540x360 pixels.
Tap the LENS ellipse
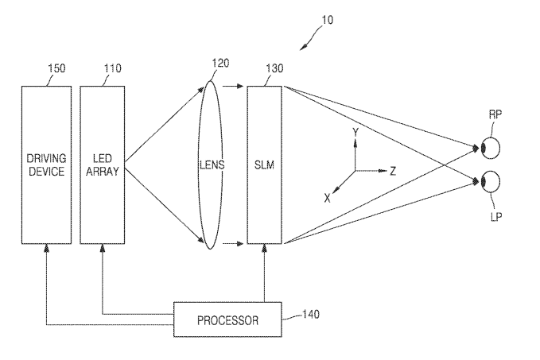coord(212,165)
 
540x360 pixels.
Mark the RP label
coord(495,115)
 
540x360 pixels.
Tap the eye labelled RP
coord(491,148)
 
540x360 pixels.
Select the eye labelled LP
coord(491,182)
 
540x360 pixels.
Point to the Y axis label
coord(355,132)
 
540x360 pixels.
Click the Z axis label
coord(392,170)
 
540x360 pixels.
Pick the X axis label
coord(327,199)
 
